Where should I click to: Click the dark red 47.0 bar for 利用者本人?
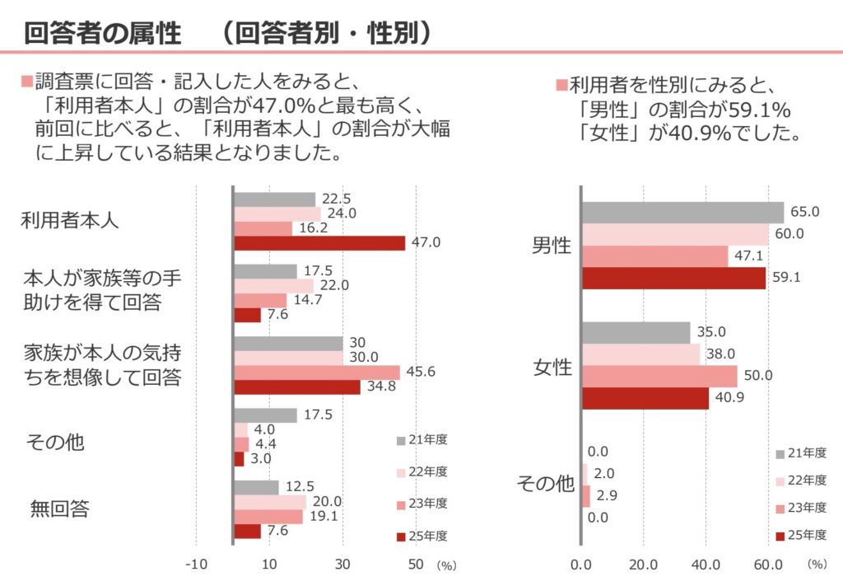click(x=319, y=243)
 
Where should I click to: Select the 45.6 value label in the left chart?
click(x=421, y=372)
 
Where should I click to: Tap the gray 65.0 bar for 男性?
click(x=682, y=212)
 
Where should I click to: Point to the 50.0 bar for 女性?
click(x=659, y=377)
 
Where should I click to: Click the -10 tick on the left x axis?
click(x=196, y=565)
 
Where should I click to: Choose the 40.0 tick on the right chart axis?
click(x=706, y=565)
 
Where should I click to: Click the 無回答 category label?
click(x=59, y=509)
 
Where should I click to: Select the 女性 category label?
click(x=552, y=368)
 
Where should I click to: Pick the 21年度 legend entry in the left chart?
click(x=421, y=439)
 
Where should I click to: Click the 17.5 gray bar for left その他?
click(x=265, y=415)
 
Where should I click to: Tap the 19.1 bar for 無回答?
click(x=268, y=517)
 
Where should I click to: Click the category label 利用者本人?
click(x=70, y=221)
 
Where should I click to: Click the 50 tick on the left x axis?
click(x=417, y=565)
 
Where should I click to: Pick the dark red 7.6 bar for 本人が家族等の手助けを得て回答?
click(x=248, y=315)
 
